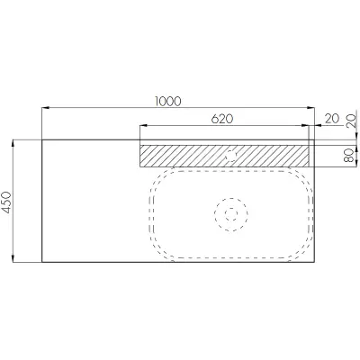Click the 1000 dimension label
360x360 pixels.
click(x=168, y=102)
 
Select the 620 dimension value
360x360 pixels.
click(x=222, y=119)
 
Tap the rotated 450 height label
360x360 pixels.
click(x=6, y=202)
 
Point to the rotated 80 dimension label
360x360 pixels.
click(x=348, y=156)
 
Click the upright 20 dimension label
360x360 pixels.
click(x=332, y=119)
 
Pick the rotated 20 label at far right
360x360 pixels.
click(x=351, y=121)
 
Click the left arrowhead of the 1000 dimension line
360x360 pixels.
click(x=45, y=107)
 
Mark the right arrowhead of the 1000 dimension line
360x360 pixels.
click(x=310, y=107)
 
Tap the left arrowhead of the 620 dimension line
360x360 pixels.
click(x=144, y=126)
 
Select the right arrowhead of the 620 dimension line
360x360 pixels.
click(x=305, y=126)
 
